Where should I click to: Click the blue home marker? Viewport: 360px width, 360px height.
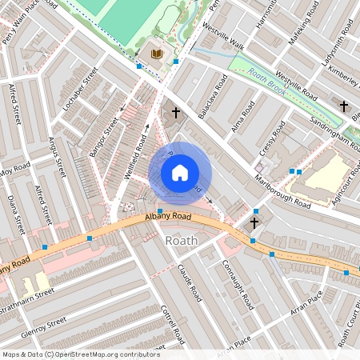(x=180, y=173)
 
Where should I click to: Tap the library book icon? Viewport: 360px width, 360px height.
(x=157, y=54)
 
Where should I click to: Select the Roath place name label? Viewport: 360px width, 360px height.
(x=180, y=240)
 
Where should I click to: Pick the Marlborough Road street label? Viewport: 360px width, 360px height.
(x=282, y=191)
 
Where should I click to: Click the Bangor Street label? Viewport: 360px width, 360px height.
(x=104, y=135)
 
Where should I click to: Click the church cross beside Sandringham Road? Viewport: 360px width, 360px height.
(x=344, y=106)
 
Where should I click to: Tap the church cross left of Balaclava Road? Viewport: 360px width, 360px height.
(x=175, y=114)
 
